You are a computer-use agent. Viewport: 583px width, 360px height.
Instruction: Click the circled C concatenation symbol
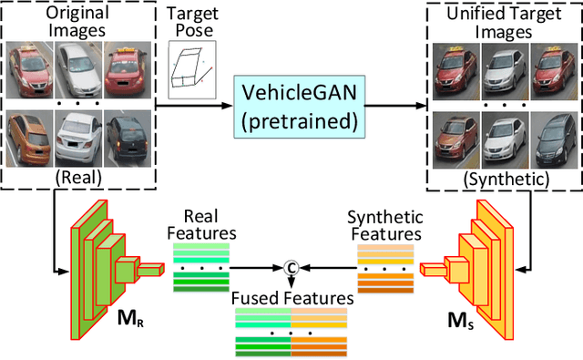click(x=291, y=267)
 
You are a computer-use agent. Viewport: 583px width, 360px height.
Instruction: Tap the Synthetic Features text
click(x=385, y=224)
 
